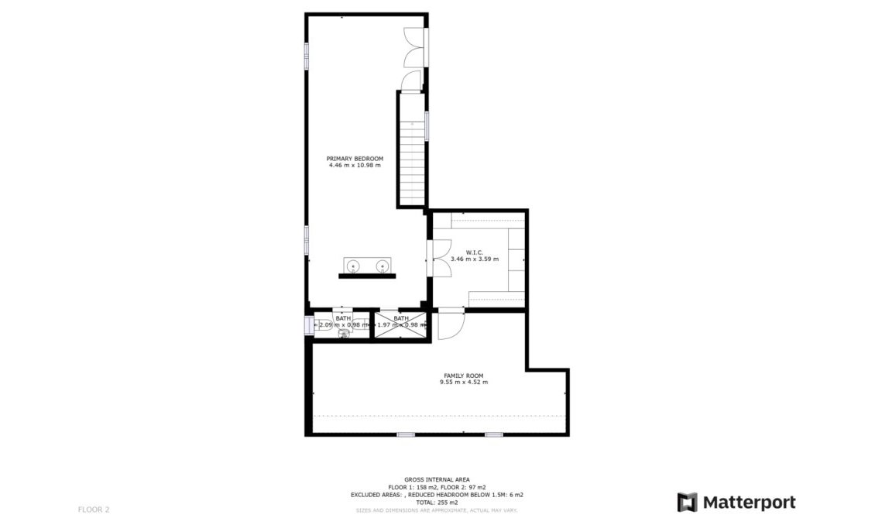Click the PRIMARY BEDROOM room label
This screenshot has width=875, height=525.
pyautogui.click(x=355, y=158)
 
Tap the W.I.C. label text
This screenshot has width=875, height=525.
pyautogui.click(x=475, y=252)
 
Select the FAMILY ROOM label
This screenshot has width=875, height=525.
pyautogui.click(x=463, y=375)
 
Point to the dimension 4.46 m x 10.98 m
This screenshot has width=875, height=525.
pyautogui.click(x=355, y=165)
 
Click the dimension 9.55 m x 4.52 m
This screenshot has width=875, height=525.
pyautogui.click(x=463, y=383)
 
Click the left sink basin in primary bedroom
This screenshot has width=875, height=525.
pyautogui.click(x=354, y=266)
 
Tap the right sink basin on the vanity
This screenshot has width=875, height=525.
pyautogui.click(x=381, y=266)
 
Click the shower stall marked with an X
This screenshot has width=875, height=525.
pyautogui.click(x=400, y=324)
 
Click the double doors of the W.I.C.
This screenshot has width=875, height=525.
pyautogui.click(x=439, y=258)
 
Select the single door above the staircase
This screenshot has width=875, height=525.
pyautogui.click(x=410, y=81)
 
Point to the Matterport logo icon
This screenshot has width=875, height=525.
pyautogui.click(x=687, y=502)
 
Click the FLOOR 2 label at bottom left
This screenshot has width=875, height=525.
pyautogui.click(x=94, y=510)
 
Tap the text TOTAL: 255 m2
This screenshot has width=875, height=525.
pyautogui.click(x=437, y=502)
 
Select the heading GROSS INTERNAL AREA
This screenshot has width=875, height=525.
pyautogui.click(x=437, y=480)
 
